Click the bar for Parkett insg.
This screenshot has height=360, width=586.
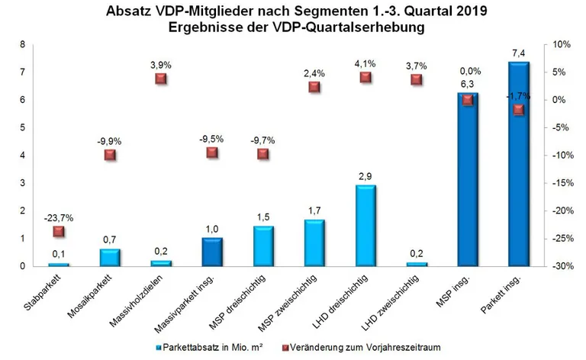[x=518, y=164]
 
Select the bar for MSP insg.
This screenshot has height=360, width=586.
[x=467, y=179]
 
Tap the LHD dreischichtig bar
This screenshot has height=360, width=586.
[x=365, y=226]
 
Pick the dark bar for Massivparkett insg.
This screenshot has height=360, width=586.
[x=212, y=252]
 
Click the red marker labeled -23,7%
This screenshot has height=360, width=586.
[x=59, y=231]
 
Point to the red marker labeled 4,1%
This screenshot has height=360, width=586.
[x=365, y=77]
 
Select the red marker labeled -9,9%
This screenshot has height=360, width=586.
[x=110, y=155]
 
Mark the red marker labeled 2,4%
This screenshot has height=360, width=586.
[x=314, y=87]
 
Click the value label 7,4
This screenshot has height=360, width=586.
[x=519, y=52]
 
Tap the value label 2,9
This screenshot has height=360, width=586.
[x=365, y=176]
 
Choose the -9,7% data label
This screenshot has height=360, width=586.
[x=262, y=140]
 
